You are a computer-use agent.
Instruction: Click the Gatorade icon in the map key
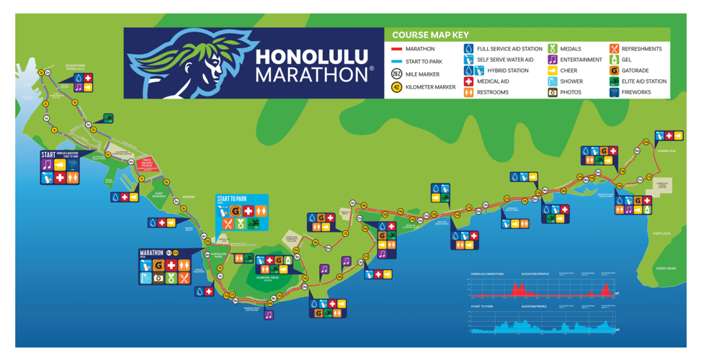point(614,71)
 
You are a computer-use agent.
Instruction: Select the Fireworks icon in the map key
point(614,92)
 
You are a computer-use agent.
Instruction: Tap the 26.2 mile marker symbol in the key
point(396,74)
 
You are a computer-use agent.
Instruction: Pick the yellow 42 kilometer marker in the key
point(396,87)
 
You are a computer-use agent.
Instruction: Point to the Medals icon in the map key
point(553,49)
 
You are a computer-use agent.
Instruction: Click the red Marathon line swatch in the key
point(396,49)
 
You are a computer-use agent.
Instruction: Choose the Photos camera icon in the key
point(553,92)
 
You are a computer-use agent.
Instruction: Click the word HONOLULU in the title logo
point(312,56)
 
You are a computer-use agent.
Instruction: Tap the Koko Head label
point(666,268)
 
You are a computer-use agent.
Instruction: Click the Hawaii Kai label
point(666,150)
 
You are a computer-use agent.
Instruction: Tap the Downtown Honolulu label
point(76,66)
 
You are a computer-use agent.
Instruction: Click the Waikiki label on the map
point(189,197)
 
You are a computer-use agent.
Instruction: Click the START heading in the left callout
point(48,154)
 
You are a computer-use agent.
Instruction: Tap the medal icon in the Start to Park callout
point(241,224)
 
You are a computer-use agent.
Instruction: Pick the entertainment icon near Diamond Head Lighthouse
point(269,315)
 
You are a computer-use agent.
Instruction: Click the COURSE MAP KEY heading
point(430,35)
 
